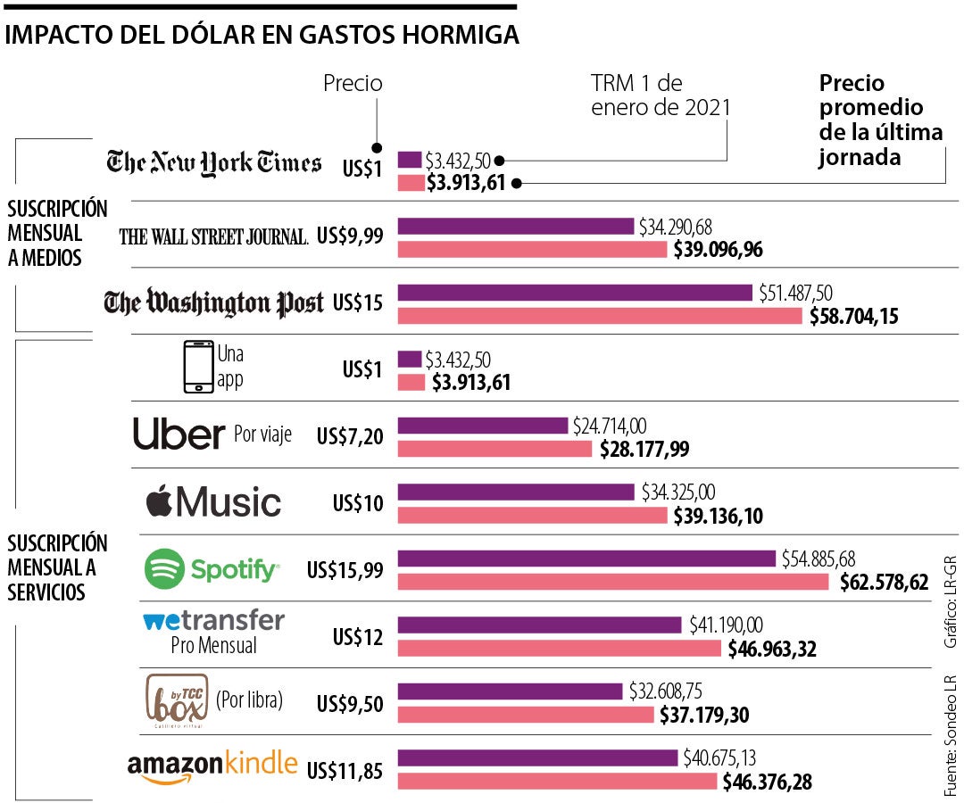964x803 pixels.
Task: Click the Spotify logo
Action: click(212, 568)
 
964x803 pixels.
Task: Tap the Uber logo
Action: click(179, 435)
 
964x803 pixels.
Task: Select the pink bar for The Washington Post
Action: click(599, 316)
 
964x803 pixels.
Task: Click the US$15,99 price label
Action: click(345, 569)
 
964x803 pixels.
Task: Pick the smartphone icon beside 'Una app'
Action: click(198, 366)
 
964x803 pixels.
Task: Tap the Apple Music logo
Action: click(213, 501)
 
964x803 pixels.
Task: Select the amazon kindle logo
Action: click(212, 766)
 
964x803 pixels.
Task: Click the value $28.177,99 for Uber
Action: click(644, 449)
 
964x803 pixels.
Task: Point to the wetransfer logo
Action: click(213, 621)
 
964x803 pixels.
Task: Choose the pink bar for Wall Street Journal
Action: click(532, 249)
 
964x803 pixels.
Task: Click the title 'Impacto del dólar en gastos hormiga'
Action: click(262, 35)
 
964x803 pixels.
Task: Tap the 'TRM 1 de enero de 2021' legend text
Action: click(660, 95)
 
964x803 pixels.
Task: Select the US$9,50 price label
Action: click(350, 703)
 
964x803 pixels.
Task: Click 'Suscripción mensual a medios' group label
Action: click(57, 233)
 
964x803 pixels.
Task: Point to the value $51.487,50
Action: click(795, 293)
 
